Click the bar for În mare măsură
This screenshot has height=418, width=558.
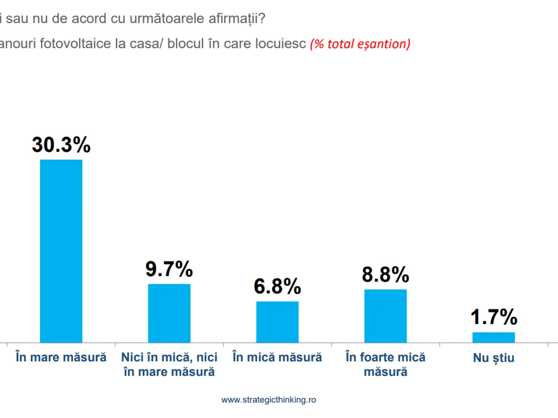[61, 251]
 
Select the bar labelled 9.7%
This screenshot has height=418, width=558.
[169, 313]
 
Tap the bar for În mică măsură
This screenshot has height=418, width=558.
[277, 322]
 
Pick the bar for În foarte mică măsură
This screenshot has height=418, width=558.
[385, 316]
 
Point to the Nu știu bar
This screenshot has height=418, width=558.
[493, 337]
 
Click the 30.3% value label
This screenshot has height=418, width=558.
[61, 145]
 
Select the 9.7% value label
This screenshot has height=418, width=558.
[169, 269]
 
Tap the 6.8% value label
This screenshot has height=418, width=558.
[277, 287]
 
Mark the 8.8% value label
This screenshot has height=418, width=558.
[385, 275]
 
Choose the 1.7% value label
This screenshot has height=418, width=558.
[494, 318]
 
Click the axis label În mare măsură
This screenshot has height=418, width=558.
[61, 357]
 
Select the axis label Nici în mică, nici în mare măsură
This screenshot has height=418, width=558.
[169, 365]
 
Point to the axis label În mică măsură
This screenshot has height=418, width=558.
[277, 357]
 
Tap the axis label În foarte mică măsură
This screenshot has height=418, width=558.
[385, 365]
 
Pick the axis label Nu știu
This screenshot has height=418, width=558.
[494, 358]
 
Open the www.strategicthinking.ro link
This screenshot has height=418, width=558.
[268, 399]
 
